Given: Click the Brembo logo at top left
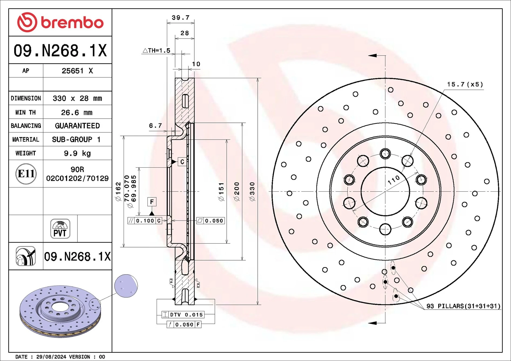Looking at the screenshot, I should tap(60, 22).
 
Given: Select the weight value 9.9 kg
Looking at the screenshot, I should tap(77, 153).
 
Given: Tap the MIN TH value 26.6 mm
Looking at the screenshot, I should tap(77, 112).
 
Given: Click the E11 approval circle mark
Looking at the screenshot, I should tap(26, 174).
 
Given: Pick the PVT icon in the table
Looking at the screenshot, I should tap(60, 229).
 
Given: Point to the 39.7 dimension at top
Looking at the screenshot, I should tap(181, 18).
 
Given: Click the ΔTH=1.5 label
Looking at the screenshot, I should tap(156, 50).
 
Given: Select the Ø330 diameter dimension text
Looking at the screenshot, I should tap(252, 191).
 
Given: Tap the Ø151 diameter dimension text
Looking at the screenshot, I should tap(221, 191).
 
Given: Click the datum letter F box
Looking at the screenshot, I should tap(152, 202).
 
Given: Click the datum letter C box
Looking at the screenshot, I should tap(182, 162).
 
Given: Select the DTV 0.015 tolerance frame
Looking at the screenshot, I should tap(183, 315).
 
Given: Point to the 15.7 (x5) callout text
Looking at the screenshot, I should tap(465, 84).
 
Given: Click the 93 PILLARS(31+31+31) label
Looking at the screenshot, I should tap(463, 306).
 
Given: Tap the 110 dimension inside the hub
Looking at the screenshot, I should tap(394, 180).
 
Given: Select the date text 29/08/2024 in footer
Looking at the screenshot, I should tap(51, 357).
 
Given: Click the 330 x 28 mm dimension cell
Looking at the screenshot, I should tap(77, 98).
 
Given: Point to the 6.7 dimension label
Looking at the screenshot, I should tap(155, 126).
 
